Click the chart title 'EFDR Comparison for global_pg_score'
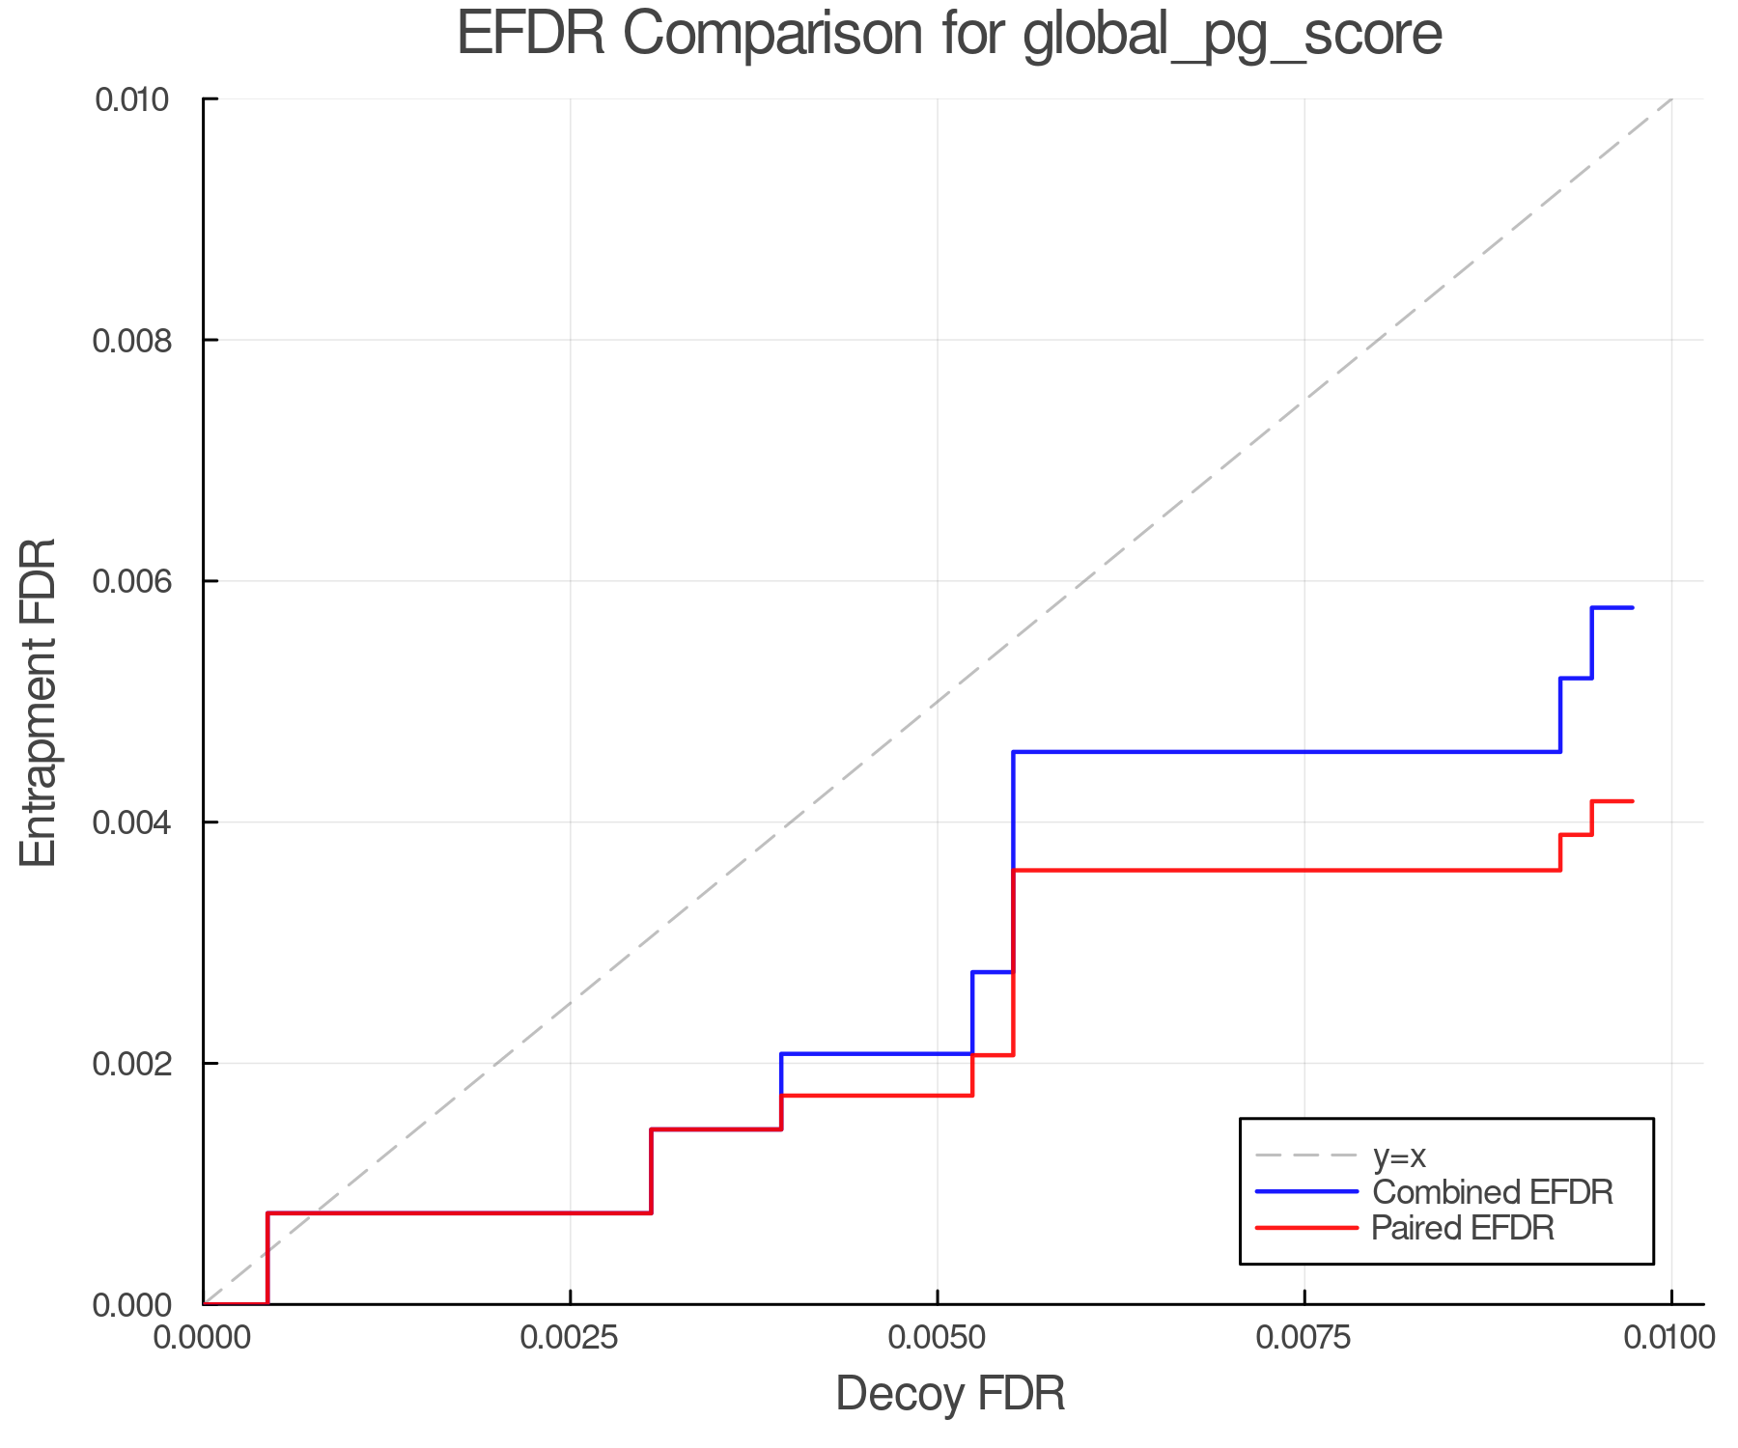click(949, 35)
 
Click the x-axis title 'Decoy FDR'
click(950, 1394)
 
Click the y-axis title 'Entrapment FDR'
click(39, 702)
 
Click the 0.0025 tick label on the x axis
click(570, 1338)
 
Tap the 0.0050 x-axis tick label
click(938, 1338)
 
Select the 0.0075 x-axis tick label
click(1304, 1338)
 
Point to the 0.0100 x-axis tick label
click(1669, 1338)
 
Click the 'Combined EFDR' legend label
click(1493, 1192)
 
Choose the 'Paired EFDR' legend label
click(1464, 1228)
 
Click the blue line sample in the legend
click(1306, 1192)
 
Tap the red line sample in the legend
click(1306, 1228)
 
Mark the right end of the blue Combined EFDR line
click(1632, 607)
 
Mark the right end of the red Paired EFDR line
click(1632, 801)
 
